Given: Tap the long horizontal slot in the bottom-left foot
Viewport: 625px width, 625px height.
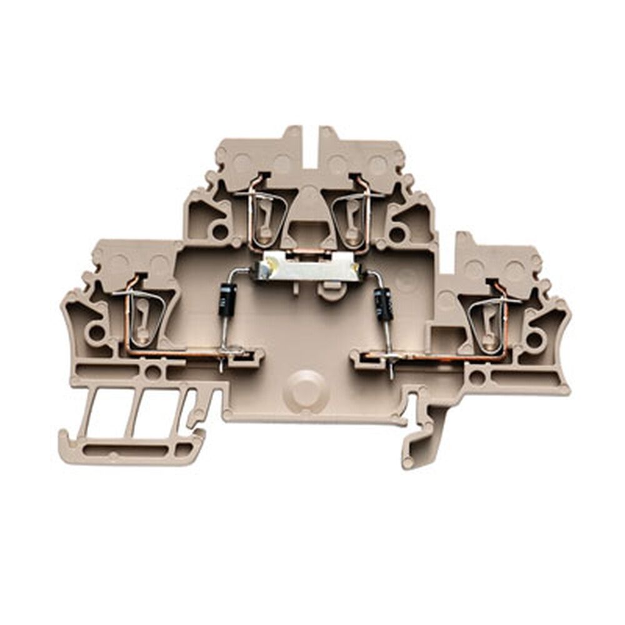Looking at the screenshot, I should pyautogui.click(x=134, y=449).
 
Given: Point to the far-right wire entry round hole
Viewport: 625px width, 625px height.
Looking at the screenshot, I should pyautogui.click(x=534, y=339).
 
